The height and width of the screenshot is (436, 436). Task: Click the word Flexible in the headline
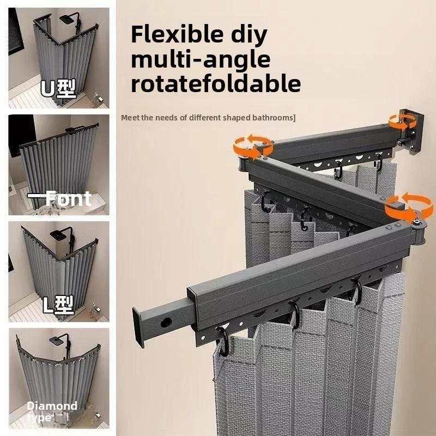177,34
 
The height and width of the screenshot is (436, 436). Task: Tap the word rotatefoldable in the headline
216,83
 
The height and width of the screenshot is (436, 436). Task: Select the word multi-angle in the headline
201,60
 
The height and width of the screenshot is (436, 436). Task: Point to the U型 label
58,89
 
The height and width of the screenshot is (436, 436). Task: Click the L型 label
58,305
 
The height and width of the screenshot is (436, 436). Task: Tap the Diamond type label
52,411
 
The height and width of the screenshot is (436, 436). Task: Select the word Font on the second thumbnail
68,198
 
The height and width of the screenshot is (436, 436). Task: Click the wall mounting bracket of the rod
411,131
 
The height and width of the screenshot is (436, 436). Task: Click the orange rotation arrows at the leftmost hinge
253,147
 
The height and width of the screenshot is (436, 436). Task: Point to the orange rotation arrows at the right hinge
409,206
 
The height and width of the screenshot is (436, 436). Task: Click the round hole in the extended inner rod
166,322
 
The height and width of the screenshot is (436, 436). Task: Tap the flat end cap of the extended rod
138,327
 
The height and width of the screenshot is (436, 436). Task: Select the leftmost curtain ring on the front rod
223,342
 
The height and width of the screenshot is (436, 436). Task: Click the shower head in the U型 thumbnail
66,20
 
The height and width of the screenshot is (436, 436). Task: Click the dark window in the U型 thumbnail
16,31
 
